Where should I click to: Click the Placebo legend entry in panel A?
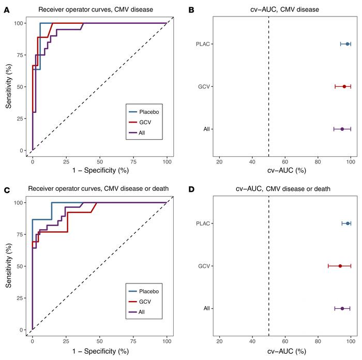pyautogui.click(x=148, y=111)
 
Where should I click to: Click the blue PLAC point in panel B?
pyautogui.click(x=348, y=44)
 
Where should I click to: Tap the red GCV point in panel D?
pyautogui.click(x=340, y=266)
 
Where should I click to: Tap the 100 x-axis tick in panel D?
pyautogui.click(x=351, y=341)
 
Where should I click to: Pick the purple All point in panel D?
pyautogui.click(x=342, y=308)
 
